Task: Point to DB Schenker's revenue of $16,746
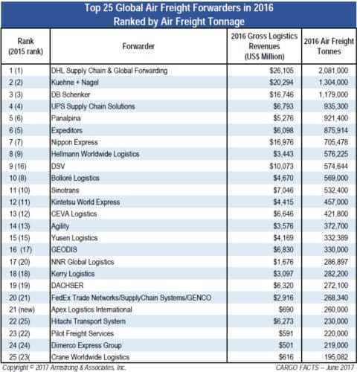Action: pos(254,94)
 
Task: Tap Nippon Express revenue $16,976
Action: pos(254,142)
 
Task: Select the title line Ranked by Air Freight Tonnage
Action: pos(179,21)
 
